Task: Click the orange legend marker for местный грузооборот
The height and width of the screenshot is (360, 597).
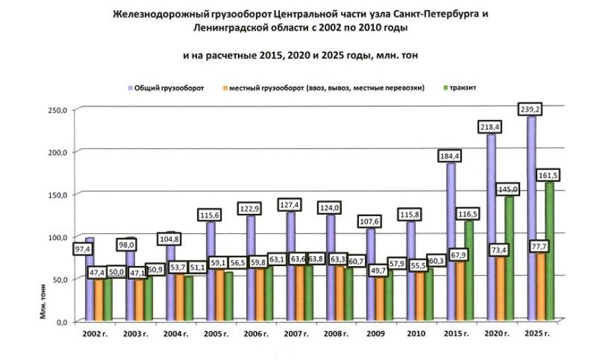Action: point(224,88)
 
